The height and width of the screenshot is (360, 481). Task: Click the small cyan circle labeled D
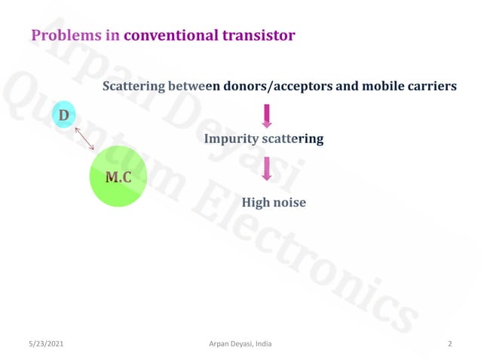click(64, 115)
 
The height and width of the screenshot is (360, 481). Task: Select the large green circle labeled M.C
click(118, 177)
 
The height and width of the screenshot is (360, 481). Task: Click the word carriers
click(432, 86)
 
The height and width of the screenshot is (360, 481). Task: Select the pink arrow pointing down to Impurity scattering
click(266, 115)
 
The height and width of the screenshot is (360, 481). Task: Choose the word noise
click(290, 203)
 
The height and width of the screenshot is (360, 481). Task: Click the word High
click(255, 203)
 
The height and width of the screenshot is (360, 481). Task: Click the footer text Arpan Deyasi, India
click(240, 344)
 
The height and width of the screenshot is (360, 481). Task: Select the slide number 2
click(449, 344)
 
